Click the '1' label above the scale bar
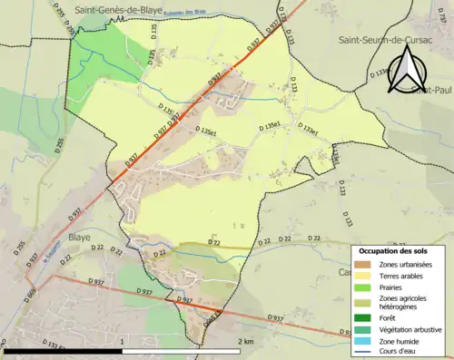click(x=123, y=341)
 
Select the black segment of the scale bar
click(x=64, y=349)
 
